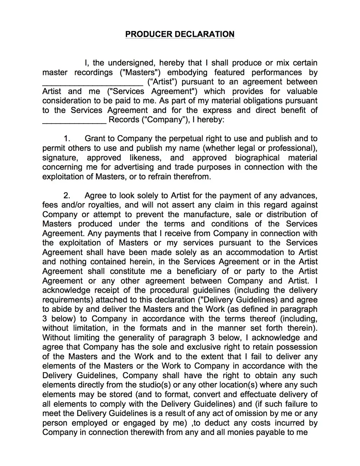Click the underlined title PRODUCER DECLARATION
pyautogui.click(x=180, y=34)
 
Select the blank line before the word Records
pyautogui.click(x=74, y=120)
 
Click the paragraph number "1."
pyautogui.click(x=67, y=139)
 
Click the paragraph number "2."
pyautogui.click(x=67, y=196)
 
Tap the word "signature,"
pyautogui.click(x=60, y=158)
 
